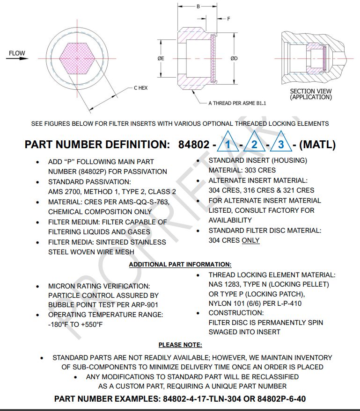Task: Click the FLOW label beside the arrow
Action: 17,53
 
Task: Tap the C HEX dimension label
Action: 141,88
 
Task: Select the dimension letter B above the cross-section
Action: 198,7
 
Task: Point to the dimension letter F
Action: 229,19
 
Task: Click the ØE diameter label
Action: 161,58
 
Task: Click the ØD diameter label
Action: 234,58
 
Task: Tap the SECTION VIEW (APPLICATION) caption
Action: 311,94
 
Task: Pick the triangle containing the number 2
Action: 254,143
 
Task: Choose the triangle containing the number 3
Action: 281,143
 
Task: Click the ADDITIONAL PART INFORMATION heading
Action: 180,265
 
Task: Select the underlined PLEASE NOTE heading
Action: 180,345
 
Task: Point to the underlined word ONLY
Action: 250,240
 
